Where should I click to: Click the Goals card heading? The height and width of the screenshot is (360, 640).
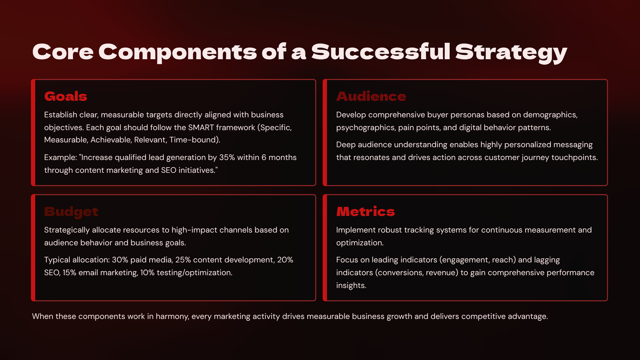66,96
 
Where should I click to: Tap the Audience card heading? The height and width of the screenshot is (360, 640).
371,96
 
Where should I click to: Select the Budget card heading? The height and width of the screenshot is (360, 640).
71,212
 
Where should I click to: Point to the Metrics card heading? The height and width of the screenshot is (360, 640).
366,212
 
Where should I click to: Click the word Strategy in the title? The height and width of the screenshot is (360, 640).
511,52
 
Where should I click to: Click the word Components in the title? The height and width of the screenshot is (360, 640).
178,52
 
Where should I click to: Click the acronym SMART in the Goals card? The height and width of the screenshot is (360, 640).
201,128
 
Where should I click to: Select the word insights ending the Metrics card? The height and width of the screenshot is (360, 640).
351,286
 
